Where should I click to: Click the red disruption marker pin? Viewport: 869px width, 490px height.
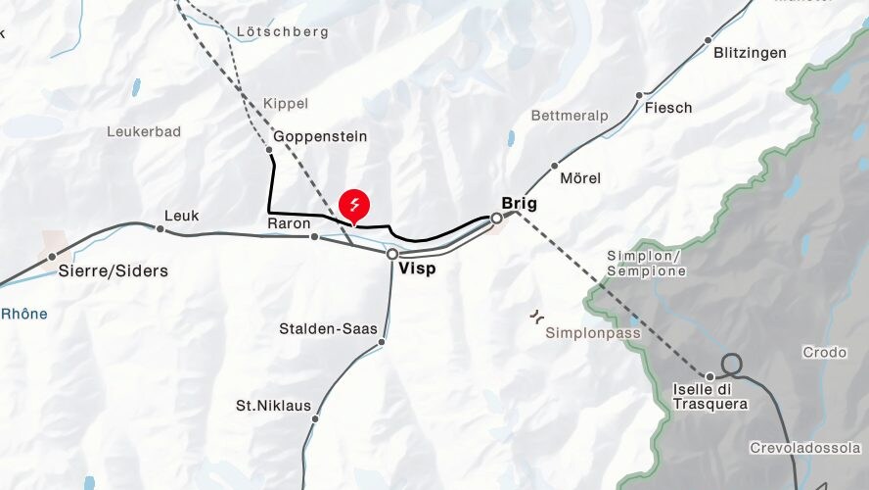(x=354, y=205)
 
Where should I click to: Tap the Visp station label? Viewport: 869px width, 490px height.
(x=418, y=269)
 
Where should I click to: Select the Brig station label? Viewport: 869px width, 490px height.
(x=519, y=203)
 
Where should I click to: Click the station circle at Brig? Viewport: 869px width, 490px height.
(x=496, y=218)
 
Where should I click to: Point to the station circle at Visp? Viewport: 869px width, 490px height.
(x=392, y=254)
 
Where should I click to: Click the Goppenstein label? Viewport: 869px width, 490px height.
(x=321, y=136)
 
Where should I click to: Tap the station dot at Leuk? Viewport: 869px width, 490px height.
(x=160, y=228)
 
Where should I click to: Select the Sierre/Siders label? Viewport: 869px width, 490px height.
(x=114, y=270)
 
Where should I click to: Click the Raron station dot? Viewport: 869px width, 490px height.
(x=314, y=236)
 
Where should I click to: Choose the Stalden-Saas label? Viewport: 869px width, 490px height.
(x=328, y=328)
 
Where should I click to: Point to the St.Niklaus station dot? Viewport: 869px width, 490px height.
(x=315, y=418)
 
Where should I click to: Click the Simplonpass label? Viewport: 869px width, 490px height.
(x=593, y=333)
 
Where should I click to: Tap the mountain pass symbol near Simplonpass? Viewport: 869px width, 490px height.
(x=535, y=317)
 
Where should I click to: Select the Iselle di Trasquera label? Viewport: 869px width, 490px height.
(x=710, y=396)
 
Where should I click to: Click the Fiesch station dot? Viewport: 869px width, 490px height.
(x=639, y=96)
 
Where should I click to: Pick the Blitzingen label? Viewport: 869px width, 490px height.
(x=750, y=53)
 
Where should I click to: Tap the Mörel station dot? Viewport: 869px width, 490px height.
(x=555, y=166)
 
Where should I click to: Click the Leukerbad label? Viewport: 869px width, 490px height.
(x=144, y=131)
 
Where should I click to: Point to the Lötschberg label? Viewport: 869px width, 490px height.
(x=283, y=31)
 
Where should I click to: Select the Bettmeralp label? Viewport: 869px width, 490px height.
(x=570, y=116)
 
